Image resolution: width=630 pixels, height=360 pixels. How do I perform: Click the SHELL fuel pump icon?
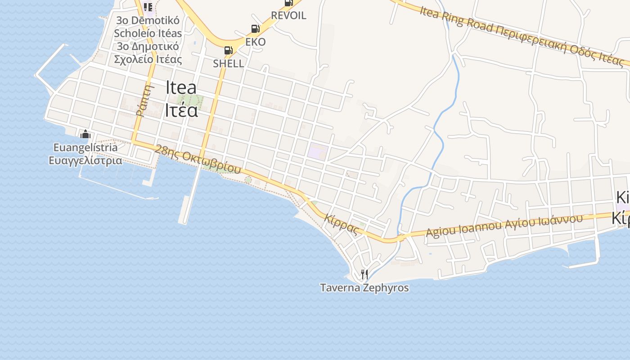tap(228, 50)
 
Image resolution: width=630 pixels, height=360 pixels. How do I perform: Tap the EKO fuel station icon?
tap(255, 29)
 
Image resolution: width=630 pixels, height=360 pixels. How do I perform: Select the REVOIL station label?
tap(288, 15)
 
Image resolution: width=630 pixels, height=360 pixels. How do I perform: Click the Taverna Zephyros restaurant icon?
tap(364, 274)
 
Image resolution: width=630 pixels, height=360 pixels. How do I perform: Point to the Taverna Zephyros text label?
tap(364, 288)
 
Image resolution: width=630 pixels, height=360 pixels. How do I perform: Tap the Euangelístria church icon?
tap(85, 134)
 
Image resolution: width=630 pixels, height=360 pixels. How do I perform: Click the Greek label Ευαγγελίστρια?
tap(85, 160)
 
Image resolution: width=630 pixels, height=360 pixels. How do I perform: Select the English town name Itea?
tap(181, 87)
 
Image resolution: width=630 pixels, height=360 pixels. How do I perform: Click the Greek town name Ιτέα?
tap(181, 110)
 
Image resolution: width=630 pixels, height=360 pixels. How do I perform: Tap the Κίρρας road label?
tap(342, 223)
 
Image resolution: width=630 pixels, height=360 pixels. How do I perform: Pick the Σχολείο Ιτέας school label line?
tap(148, 59)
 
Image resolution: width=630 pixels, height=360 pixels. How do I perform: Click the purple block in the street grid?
tap(318, 152)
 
